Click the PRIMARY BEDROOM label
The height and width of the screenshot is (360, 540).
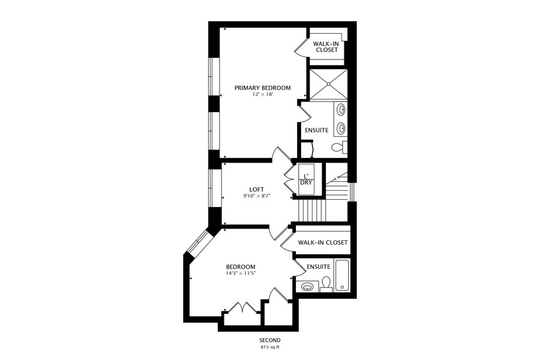point(262,88)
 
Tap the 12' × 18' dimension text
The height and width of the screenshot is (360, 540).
point(262,94)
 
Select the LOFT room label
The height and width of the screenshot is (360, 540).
point(257,190)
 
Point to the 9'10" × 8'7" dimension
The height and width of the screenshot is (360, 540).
point(257,196)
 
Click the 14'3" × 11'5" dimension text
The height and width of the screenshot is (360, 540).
point(241,273)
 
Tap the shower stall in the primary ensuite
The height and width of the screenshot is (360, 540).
point(329,84)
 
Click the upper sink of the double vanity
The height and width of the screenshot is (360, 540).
point(341,110)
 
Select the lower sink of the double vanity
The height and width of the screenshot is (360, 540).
point(341,128)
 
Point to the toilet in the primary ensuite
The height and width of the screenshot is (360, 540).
point(338,148)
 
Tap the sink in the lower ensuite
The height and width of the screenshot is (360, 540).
point(307,286)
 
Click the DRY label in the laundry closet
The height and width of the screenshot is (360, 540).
point(306,182)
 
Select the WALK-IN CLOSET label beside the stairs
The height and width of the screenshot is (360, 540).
point(323,242)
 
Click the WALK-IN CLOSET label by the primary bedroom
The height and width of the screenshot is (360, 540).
point(325,47)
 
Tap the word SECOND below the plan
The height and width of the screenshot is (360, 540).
point(270,340)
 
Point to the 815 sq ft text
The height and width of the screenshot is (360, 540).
point(270,347)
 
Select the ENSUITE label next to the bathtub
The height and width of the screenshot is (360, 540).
point(318,266)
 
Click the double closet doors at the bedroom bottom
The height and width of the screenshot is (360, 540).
point(244,308)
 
